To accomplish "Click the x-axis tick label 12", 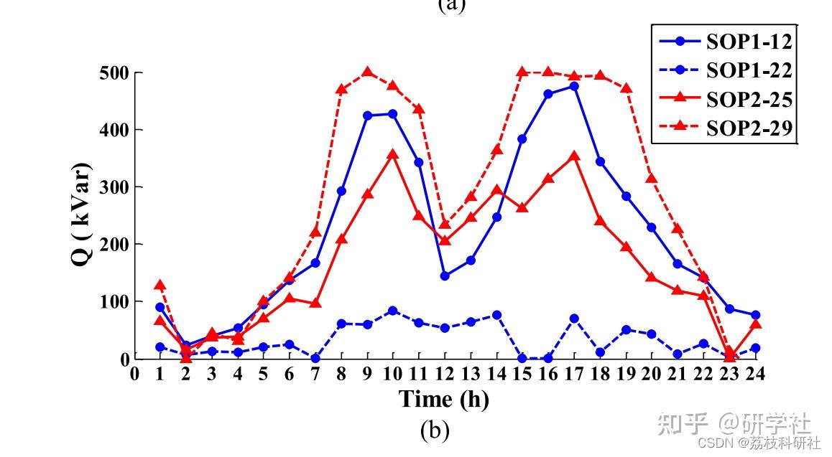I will click(445, 374).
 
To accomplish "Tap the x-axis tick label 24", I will click(754, 374).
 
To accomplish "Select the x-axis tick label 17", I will click(574, 374).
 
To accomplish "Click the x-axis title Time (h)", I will click(444, 399).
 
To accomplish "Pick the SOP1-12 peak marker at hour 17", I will click(574, 86).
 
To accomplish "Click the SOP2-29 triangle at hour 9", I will click(367, 72).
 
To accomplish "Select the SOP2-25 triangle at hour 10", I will click(393, 154).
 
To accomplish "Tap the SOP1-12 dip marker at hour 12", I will click(445, 275).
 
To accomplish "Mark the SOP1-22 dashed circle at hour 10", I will click(393, 311).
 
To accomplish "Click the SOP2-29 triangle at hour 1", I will click(160, 285).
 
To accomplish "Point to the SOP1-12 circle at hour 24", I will click(755, 315).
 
